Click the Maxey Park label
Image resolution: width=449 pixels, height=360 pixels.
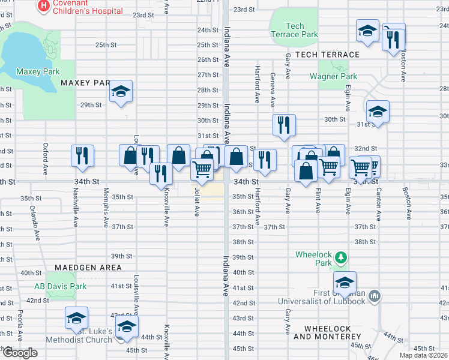[x=38, y=71]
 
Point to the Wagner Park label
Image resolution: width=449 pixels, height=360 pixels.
[x=333, y=76]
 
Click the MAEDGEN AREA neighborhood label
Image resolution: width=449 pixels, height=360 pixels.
[x=88, y=267]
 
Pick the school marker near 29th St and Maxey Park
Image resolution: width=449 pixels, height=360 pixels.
[x=121, y=92]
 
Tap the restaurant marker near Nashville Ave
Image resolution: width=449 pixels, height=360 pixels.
[x=82, y=155]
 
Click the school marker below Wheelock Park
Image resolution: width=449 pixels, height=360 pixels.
[x=345, y=283]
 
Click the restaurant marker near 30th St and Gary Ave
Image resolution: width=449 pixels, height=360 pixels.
[x=283, y=124]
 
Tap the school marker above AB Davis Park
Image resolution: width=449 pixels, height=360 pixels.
[x=76, y=318]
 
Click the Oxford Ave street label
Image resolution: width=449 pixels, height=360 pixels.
[x=46, y=155]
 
